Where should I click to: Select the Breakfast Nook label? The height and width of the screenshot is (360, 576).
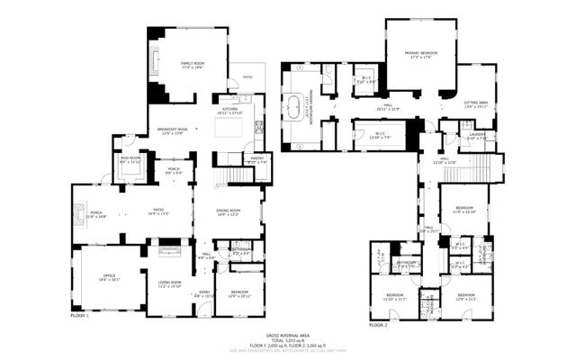pyautogui.click(x=169, y=130)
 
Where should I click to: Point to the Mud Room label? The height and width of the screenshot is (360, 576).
pyautogui.click(x=130, y=159)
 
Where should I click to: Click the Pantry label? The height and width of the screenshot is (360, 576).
pyautogui.click(x=256, y=159)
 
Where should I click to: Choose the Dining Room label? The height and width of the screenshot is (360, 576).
pyautogui.click(x=228, y=212)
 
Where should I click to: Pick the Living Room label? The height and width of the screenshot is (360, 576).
pyautogui.click(x=170, y=283)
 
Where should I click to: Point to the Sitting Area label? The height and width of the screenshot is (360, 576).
pyautogui.click(x=475, y=103)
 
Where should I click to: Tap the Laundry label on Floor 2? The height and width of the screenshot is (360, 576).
pyautogui.click(x=477, y=137)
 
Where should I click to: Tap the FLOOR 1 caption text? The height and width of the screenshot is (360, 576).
pyautogui.click(x=81, y=317)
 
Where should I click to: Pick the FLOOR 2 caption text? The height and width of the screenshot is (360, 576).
pyautogui.click(x=380, y=324)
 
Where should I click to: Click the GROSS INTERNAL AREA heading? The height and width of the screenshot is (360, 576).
pyautogui.click(x=288, y=331)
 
